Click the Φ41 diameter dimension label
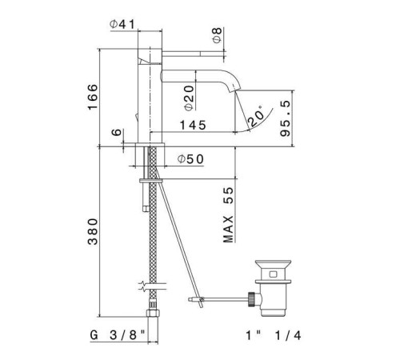(x=122, y=24)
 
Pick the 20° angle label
(x=258, y=117)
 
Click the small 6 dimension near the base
(x=118, y=137)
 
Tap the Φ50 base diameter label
(x=190, y=159)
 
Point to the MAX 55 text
(x=229, y=215)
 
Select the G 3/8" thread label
(x=118, y=337)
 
